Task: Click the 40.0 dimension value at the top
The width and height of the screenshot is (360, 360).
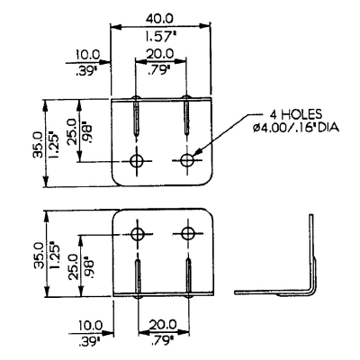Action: [x=159, y=19]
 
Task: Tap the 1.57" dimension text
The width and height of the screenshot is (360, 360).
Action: [x=160, y=37]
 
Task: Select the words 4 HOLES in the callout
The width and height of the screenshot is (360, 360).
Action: [x=296, y=114]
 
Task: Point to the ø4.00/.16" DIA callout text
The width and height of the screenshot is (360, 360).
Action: [x=296, y=128]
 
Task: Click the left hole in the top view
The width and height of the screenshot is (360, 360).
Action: [x=137, y=161]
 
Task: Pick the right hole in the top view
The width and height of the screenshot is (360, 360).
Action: [x=187, y=160]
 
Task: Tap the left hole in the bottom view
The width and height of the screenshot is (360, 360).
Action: [x=138, y=234]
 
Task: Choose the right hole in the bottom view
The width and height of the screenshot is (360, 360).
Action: [x=188, y=233]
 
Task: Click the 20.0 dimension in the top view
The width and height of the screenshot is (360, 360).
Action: [x=160, y=54]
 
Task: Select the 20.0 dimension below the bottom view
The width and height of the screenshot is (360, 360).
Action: [x=163, y=325]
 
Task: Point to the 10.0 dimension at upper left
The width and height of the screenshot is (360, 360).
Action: [x=87, y=55]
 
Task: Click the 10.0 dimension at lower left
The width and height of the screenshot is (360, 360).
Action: [x=90, y=326]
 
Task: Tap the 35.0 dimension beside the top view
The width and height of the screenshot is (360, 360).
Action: [x=38, y=146]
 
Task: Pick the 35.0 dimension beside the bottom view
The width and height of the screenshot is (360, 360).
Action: [x=40, y=255]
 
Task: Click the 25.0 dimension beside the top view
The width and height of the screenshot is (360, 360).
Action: [x=73, y=131]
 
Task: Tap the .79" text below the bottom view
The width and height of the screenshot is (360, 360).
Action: [x=163, y=341]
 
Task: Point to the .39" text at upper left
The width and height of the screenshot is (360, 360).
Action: [x=87, y=72]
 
